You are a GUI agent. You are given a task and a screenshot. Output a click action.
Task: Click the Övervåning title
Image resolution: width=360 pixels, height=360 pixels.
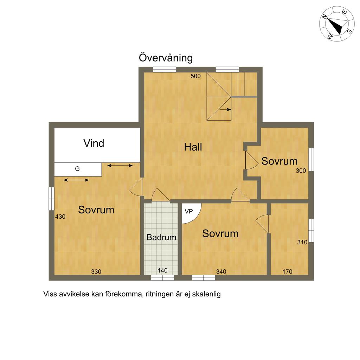[166, 58]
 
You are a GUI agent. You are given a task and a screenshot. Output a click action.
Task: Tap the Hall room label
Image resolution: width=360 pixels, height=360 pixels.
[193, 147]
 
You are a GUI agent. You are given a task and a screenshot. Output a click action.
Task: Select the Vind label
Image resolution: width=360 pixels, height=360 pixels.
[94, 143]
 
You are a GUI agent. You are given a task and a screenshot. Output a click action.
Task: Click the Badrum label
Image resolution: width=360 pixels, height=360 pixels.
[161, 237]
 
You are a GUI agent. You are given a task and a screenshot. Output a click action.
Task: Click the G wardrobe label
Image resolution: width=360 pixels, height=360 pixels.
[77, 169]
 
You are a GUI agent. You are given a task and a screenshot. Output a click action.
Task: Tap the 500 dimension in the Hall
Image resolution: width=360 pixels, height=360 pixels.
[195, 76]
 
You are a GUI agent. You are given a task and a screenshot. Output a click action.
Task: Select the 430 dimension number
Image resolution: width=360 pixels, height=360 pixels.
[60, 217]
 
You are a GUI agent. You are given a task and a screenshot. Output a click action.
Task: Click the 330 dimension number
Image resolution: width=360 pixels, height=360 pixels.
[96, 272]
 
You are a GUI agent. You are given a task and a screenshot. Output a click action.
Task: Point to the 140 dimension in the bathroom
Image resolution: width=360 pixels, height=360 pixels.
[162, 270]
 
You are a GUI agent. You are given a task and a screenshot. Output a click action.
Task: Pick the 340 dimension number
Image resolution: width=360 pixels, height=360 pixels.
[221, 272]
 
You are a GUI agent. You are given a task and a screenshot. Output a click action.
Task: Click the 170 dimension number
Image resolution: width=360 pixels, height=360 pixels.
[288, 272]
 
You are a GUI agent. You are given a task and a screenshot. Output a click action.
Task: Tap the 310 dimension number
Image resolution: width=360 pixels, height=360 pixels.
[302, 242]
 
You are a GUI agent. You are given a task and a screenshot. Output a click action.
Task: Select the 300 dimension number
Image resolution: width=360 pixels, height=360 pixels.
[301, 171]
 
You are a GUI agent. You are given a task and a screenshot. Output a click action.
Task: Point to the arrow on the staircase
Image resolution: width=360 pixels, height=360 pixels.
[225, 110]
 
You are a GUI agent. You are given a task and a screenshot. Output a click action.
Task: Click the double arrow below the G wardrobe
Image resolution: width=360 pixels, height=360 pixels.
[76, 180]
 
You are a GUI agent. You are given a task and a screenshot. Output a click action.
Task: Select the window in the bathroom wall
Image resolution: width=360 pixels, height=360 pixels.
[162, 278]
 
